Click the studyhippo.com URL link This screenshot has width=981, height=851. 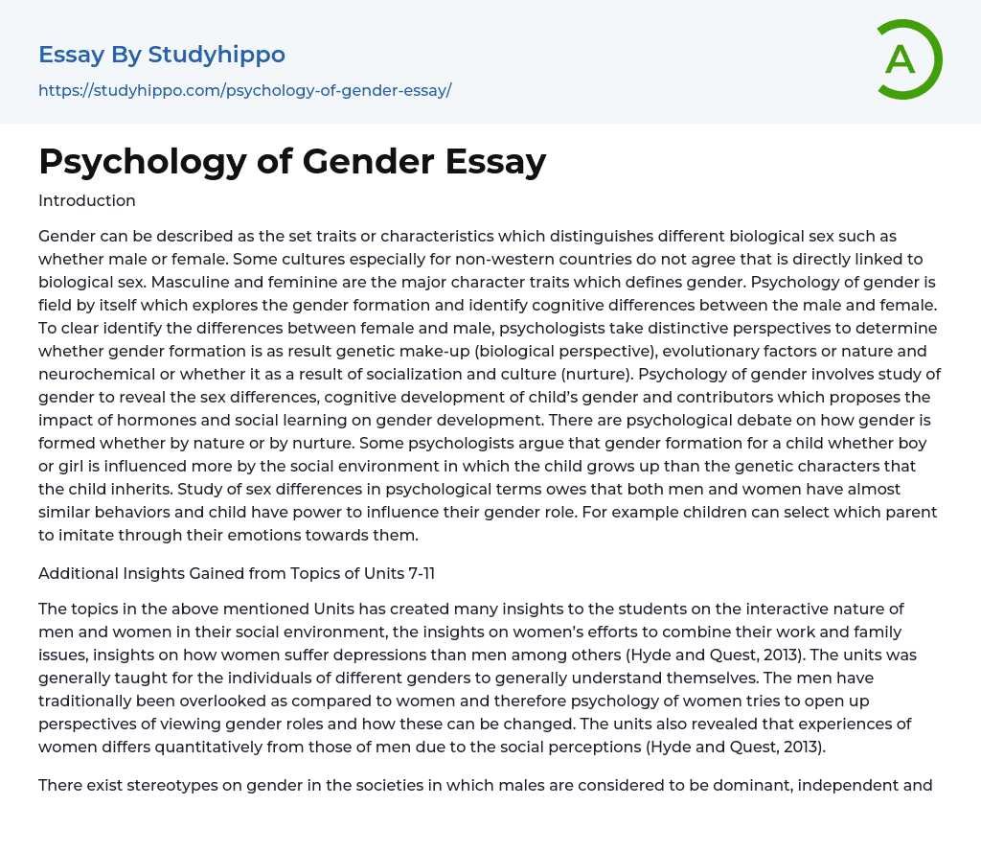244,90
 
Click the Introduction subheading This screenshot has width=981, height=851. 87,200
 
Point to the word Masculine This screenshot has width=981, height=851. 174,282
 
